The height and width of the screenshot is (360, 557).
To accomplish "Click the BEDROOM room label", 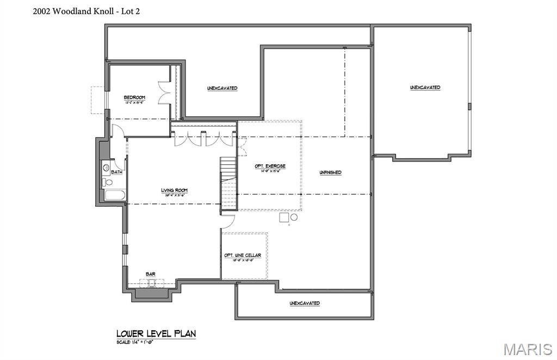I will (x=134, y=97).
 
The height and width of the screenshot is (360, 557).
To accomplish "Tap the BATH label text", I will (x=116, y=172).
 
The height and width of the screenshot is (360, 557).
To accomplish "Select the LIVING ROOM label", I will (x=174, y=190).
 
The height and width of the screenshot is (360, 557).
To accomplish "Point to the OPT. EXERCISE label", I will (x=270, y=166).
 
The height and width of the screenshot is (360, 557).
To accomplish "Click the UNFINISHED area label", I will (x=330, y=172).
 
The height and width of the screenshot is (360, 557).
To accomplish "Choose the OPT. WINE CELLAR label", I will (x=243, y=255).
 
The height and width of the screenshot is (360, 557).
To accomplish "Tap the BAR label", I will (x=150, y=274).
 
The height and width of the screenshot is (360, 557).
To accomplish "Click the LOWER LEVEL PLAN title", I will (x=156, y=333).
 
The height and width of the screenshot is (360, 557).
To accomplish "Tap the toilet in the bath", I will (x=108, y=182).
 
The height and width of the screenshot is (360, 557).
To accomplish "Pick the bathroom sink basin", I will (x=106, y=168).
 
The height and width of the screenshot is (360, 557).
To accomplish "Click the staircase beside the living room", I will (x=228, y=185).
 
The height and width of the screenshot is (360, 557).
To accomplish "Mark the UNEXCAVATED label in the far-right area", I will (x=425, y=88).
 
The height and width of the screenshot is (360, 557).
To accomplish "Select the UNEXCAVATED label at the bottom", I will (x=305, y=303).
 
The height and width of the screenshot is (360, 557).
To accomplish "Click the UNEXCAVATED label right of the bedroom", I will (x=222, y=88).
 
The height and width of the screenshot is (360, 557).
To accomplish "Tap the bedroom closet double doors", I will (x=163, y=93).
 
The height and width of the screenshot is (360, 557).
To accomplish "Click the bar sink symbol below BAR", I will (x=152, y=283).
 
